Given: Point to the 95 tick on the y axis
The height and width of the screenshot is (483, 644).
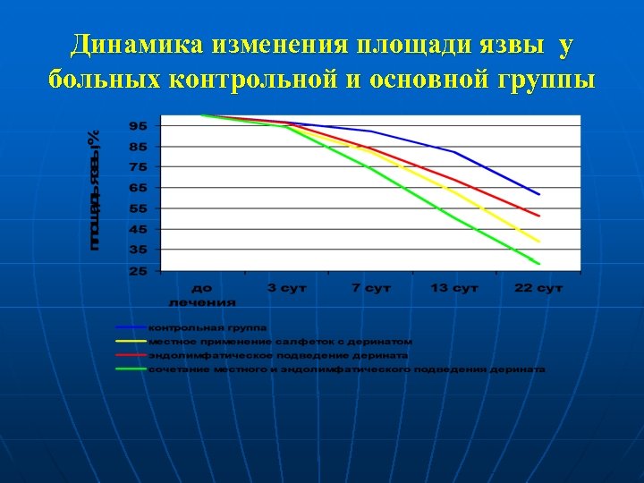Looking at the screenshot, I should [x=139, y=125].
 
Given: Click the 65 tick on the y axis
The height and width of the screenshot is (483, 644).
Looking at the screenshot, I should [x=139, y=188].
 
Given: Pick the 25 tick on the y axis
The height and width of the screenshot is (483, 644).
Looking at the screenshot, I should [x=139, y=271].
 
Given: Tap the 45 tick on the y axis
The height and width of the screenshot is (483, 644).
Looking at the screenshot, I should [x=139, y=230].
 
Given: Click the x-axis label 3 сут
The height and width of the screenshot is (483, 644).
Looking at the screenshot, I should [x=286, y=288].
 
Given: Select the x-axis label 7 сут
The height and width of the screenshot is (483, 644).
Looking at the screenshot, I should [x=370, y=288].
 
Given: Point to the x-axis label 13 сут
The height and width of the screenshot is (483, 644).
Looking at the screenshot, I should [x=454, y=288].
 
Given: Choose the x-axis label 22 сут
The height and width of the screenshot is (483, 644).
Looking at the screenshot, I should [x=538, y=288].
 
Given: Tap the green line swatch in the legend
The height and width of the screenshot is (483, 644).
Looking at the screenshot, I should [x=131, y=369].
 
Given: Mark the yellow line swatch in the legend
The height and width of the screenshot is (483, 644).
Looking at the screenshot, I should [x=131, y=341].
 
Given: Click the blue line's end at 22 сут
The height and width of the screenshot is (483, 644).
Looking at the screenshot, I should [x=538, y=193].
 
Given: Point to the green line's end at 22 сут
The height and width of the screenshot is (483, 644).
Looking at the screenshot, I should [x=538, y=263].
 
